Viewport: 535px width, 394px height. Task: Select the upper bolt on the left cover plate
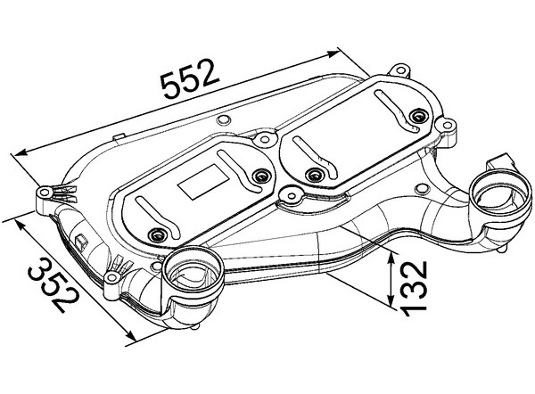coord(261,176)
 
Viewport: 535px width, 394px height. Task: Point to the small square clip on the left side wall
coord(82,240)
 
